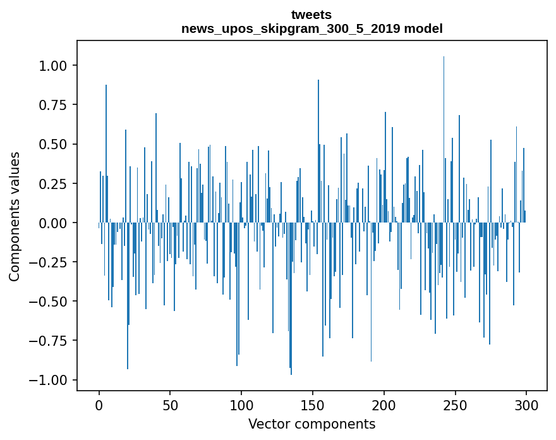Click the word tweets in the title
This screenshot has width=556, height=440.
click(311, 15)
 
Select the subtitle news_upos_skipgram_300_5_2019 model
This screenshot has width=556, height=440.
click(311, 28)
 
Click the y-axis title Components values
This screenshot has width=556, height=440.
click(15, 216)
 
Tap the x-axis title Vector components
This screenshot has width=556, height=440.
click(311, 424)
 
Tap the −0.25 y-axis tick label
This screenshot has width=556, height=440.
click(50, 262)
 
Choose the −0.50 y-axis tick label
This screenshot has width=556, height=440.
click(50, 302)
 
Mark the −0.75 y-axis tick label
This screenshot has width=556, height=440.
click(50, 341)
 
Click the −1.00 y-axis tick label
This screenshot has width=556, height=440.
click(50, 380)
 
